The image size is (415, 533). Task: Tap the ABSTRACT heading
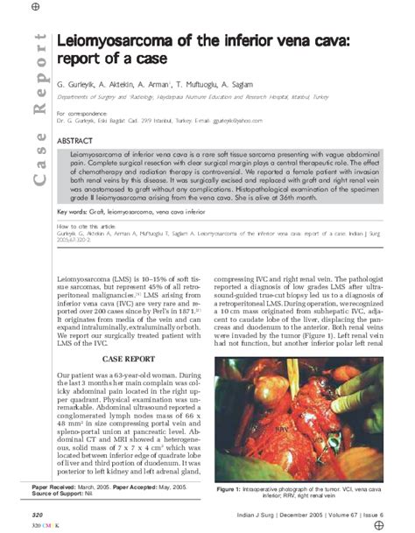[74, 140]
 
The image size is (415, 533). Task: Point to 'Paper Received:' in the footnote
[54, 484]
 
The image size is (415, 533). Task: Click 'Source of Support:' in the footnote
[58, 491]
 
